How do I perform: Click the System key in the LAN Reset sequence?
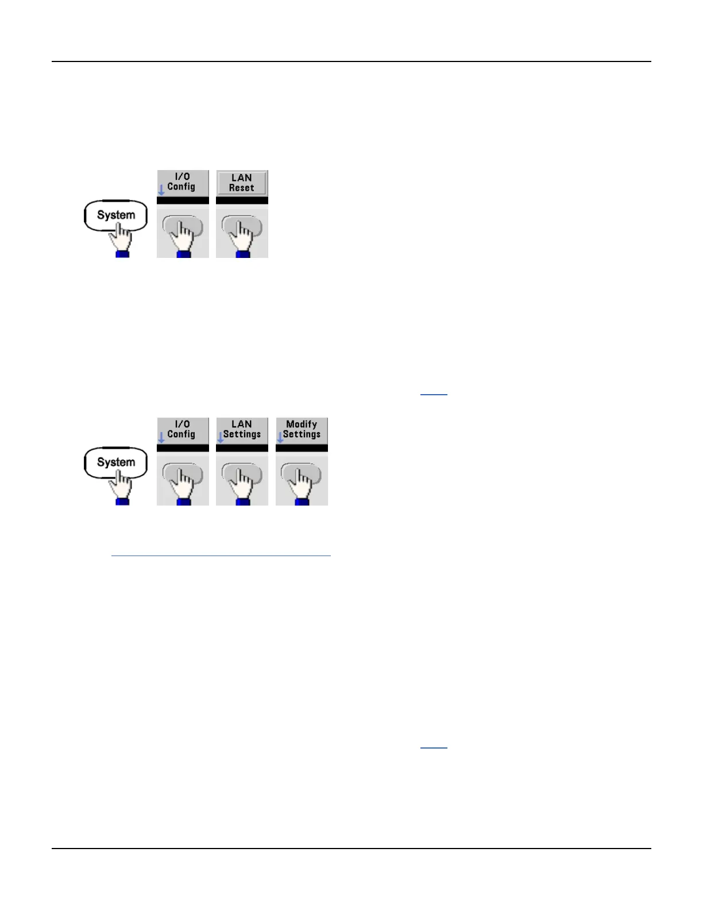(x=115, y=215)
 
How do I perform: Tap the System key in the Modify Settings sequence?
(x=115, y=462)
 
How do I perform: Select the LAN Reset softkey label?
(x=242, y=183)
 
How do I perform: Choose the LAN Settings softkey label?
(x=242, y=430)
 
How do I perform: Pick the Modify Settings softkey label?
(x=302, y=430)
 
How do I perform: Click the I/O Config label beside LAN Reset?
(x=182, y=182)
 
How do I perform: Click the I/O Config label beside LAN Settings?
(x=182, y=430)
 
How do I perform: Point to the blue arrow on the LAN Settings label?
(x=220, y=437)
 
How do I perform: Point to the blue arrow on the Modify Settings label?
(x=280, y=437)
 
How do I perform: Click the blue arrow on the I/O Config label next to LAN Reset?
(x=161, y=190)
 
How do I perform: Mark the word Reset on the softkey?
(x=242, y=188)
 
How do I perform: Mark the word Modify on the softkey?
(x=302, y=425)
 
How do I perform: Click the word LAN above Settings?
(x=242, y=425)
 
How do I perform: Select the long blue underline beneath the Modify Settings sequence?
(x=221, y=556)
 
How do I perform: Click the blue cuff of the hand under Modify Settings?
(x=302, y=502)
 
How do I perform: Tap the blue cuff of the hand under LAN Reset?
(x=242, y=254)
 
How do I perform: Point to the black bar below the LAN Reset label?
(x=242, y=200)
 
